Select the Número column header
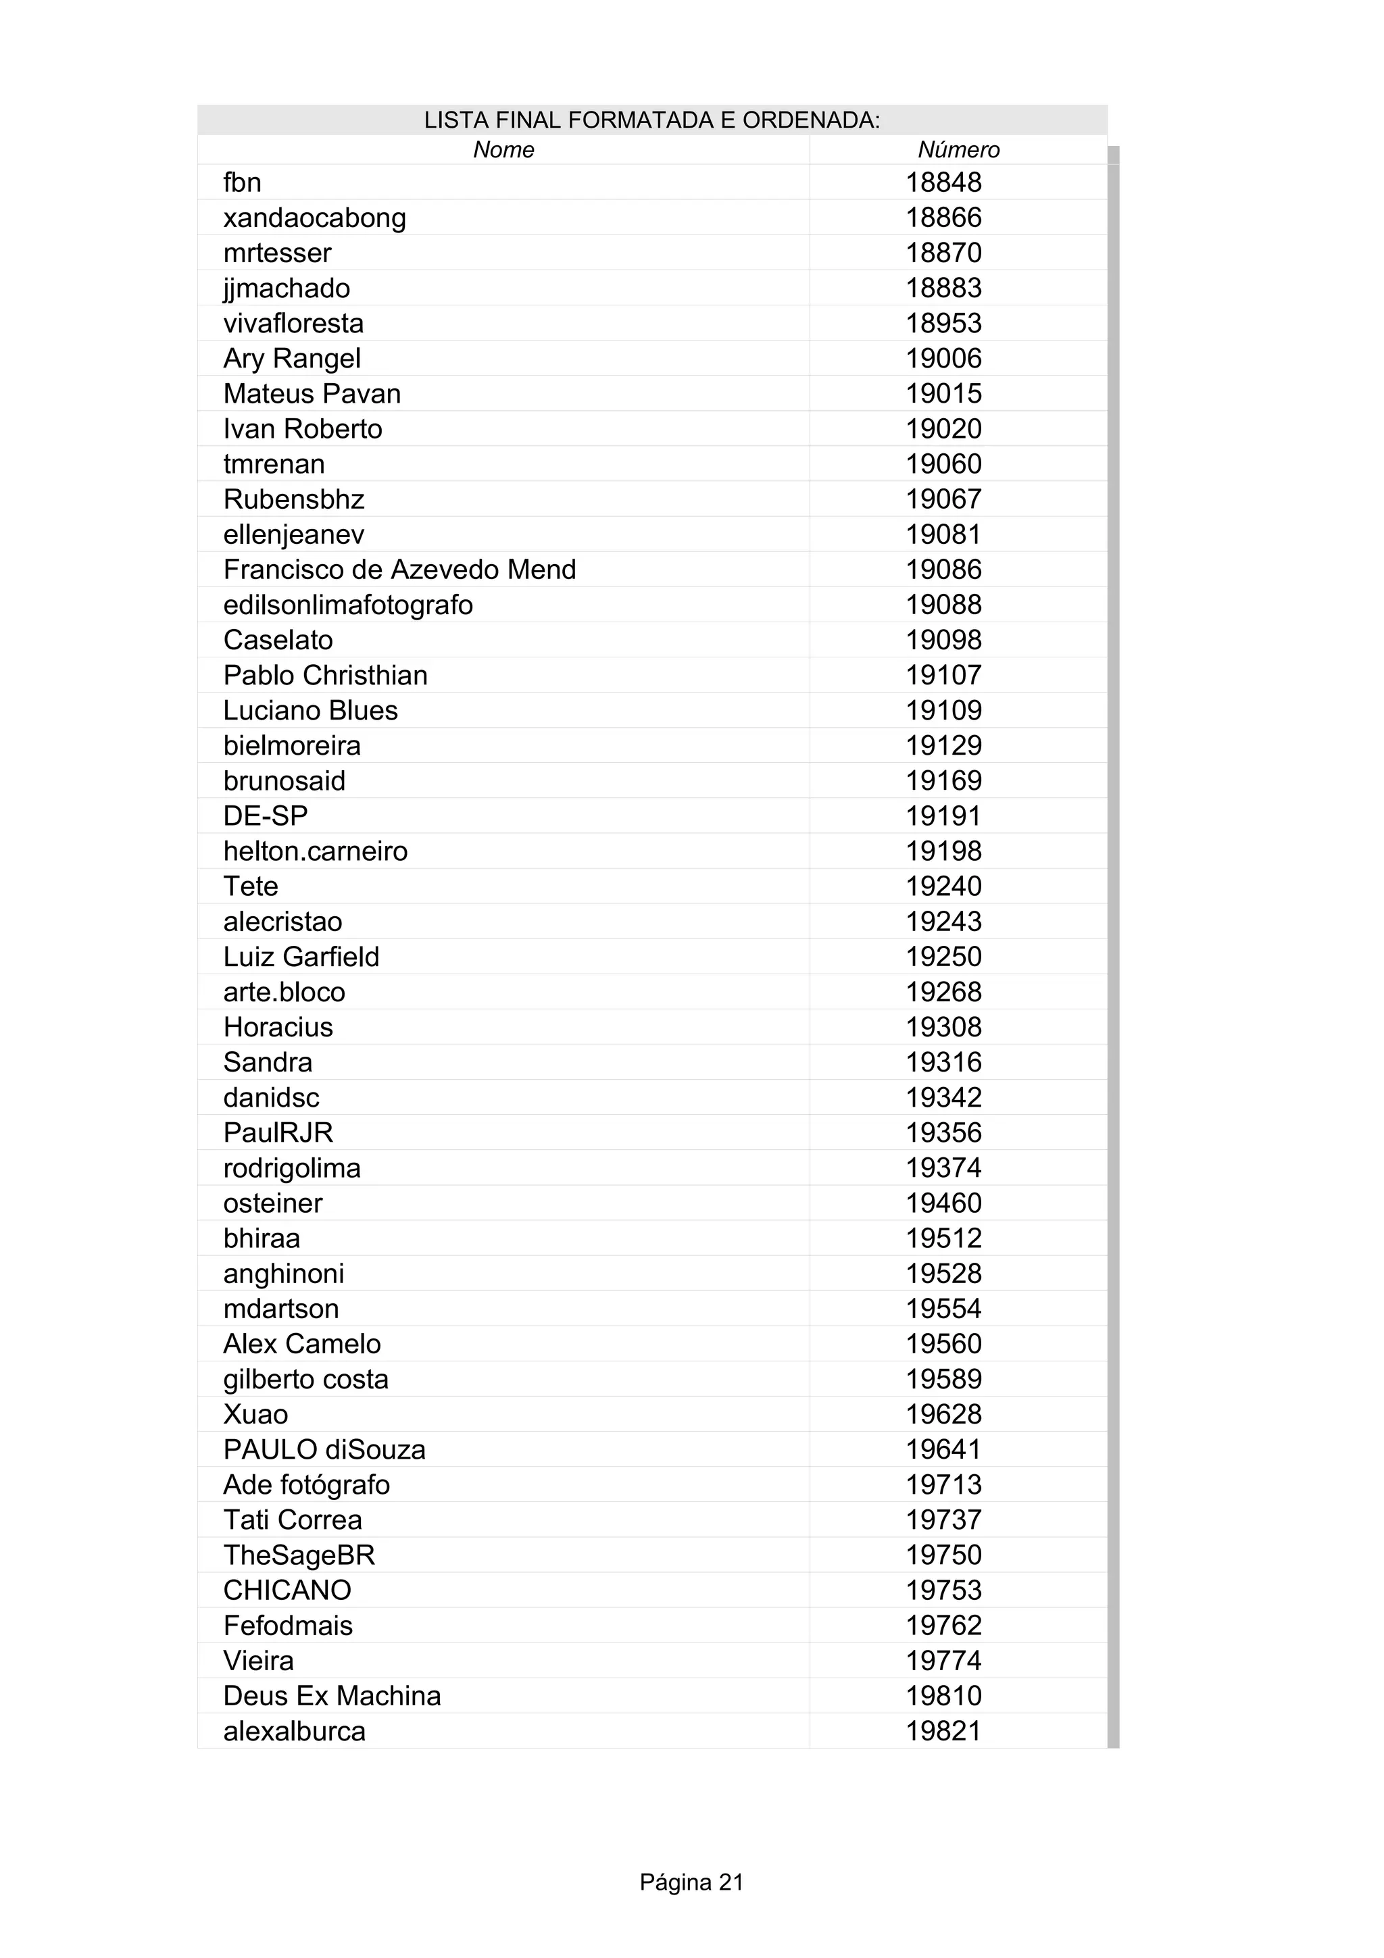click(x=958, y=150)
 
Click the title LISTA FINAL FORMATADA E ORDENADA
click(x=651, y=120)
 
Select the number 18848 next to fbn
click(x=943, y=182)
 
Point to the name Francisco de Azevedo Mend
click(x=399, y=570)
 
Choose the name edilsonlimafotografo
click(x=347, y=605)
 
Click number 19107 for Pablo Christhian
click(x=943, y=676)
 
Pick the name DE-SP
click(x=265, y=816)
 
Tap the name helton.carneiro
click(x=315, y=851)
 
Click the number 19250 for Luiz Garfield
click(x=943, y=957)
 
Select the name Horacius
click(x=278, y=1027)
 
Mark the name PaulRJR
click(x=278, y=1132)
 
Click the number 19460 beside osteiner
click(x=943, y=1203)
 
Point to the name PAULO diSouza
click(x=324, y=1450)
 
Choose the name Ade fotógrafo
click(x=306, y=1484)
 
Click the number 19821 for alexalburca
click(x=943, y=1731)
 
